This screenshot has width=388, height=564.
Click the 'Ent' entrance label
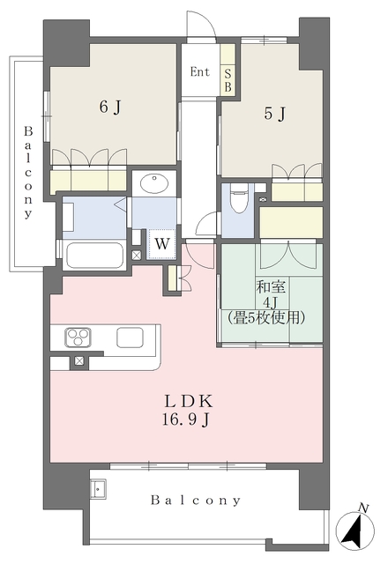(200, 72)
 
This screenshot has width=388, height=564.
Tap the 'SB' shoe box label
(228, 80)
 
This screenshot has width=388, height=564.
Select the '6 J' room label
(109, 107)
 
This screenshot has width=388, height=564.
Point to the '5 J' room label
(275, 114)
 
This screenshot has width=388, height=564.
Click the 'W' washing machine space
(162, 244)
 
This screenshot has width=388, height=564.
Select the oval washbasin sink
(154, 184)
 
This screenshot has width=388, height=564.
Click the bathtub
(94, 255)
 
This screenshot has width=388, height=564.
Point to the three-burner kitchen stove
(78, 338)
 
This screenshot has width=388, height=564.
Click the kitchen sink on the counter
(130, 337)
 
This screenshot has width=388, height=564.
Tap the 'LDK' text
(189, 402)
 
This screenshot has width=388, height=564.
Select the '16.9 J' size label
(186, 419)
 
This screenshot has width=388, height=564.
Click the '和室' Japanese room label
(271, 286)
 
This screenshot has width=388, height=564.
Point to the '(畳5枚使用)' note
(266, 317)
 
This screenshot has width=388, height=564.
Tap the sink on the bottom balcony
(97, 489)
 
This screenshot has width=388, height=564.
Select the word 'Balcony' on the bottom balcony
(196, 501)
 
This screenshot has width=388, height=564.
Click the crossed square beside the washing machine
(137, 255)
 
